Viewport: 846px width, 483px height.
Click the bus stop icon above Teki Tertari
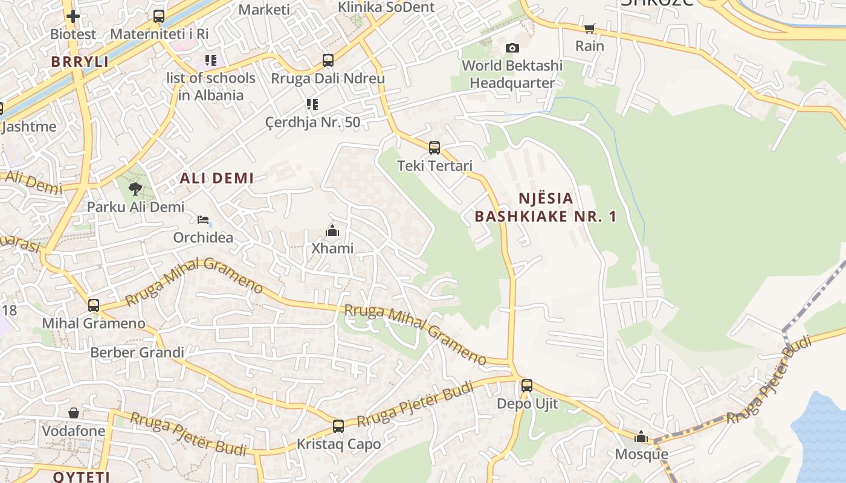pyautogui.click(x=434, y=147)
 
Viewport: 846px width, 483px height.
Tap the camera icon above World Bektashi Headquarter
pyautogui.click(x=512, y=48)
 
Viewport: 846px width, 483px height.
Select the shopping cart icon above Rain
pyautogui.click(x=589, y=28)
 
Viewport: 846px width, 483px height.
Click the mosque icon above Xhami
pyautogui.click(x=332, y=231)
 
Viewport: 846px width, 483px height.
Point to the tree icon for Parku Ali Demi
pyautogui.click(x=135, y=188)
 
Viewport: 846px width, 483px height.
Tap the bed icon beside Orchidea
pyautogui.click(x=203, y=220)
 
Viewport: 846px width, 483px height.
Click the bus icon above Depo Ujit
pyautogui.click(x=526, y=385)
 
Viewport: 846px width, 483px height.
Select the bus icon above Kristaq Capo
pyautogui.click(x=338, y=426)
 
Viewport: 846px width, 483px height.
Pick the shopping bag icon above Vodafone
pyautogui.click(x=73, y=413)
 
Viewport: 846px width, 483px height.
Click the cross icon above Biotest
pyautogui.click(x=73, y=16)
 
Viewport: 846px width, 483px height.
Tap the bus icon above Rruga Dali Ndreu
pyautogui.click(x=328, y=60)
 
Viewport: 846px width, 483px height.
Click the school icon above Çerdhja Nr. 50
pyautogui.click(x=312, y=104)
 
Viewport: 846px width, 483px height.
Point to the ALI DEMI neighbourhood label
pyautogui.click(x=216, y=178)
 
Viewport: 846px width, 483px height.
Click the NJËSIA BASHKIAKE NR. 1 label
pyautogui.click(x=545, y=207)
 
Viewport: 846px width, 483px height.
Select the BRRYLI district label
pyautogui.click(x=80, y=62)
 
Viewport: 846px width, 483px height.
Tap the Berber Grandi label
pyautogui.click(x=137, y=353)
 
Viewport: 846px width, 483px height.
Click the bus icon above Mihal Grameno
pyautogui.click(x=93, y=305)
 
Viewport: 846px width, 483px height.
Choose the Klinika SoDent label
pyautogui.click(x=386, y=7)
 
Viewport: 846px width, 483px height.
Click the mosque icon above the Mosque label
pyautogui.click(x=641, y=437)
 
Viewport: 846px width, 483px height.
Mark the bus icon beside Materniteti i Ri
pyautogui.click(x=158, y=16)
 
